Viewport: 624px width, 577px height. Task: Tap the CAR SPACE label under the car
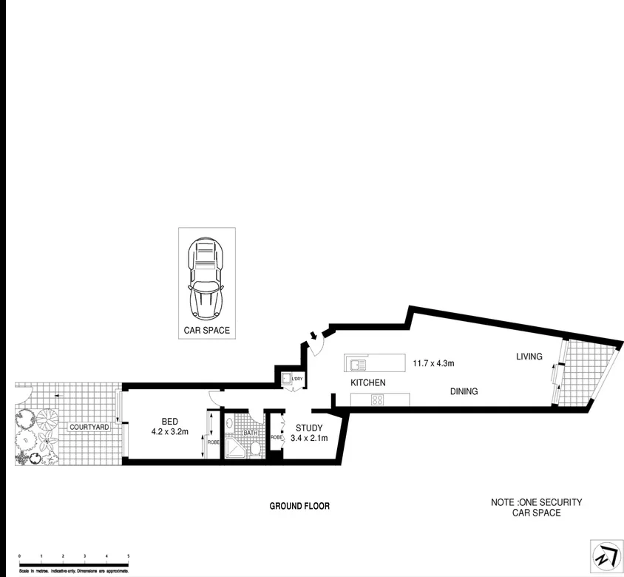coord(207,331)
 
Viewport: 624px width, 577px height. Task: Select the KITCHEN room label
coord(368,382)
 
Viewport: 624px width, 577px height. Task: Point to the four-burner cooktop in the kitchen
coord(377,400)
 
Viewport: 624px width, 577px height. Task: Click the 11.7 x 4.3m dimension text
coord(433,363)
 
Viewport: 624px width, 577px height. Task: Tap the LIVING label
coord(529,357)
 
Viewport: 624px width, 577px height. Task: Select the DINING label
coord(464,391)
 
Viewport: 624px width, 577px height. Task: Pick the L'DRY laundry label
coord(297,380)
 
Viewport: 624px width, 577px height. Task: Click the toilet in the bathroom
coord(254,448)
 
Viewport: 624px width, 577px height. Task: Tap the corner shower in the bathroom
coord(235,448)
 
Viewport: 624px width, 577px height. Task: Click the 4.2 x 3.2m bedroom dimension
coord(172,431)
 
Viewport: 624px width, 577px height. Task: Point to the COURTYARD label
coord(89,428)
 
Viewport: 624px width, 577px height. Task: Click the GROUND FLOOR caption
coord(299,506)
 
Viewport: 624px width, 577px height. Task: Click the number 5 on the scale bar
coord(129,556)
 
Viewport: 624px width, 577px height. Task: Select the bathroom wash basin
coord(231,424)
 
